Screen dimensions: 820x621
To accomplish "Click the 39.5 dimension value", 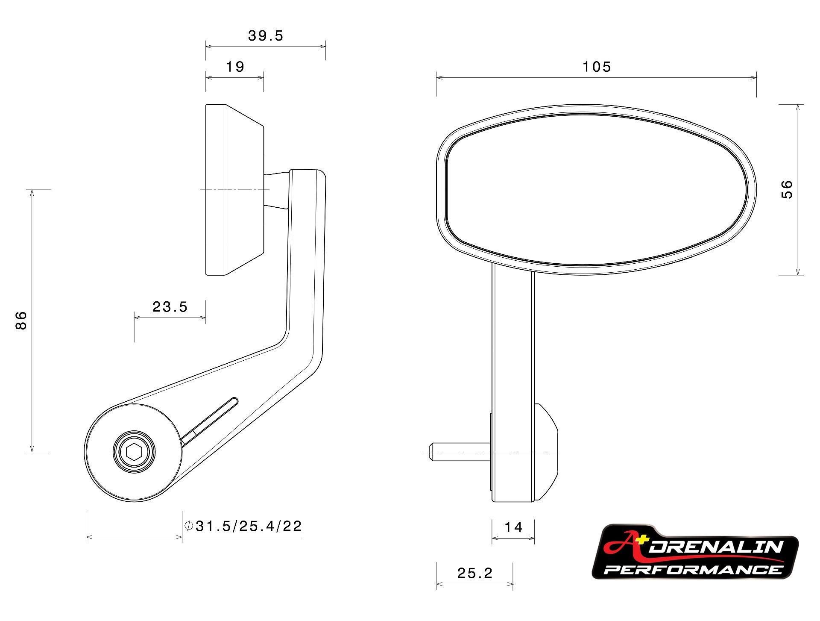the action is pos(266,36).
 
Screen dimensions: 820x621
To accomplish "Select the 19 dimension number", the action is pos(235,67).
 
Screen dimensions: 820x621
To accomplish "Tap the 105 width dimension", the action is pos(597,67).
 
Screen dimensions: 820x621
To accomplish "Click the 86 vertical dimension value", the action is pos(21,321).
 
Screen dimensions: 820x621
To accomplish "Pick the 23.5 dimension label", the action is pos(170,307).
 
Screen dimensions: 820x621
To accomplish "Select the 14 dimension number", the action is pos(513,527).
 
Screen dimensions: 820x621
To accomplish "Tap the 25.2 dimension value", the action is pos(475,573).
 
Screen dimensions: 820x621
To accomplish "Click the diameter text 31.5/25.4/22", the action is pos(249,526).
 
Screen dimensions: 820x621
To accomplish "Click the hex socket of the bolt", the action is pos(134,451).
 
